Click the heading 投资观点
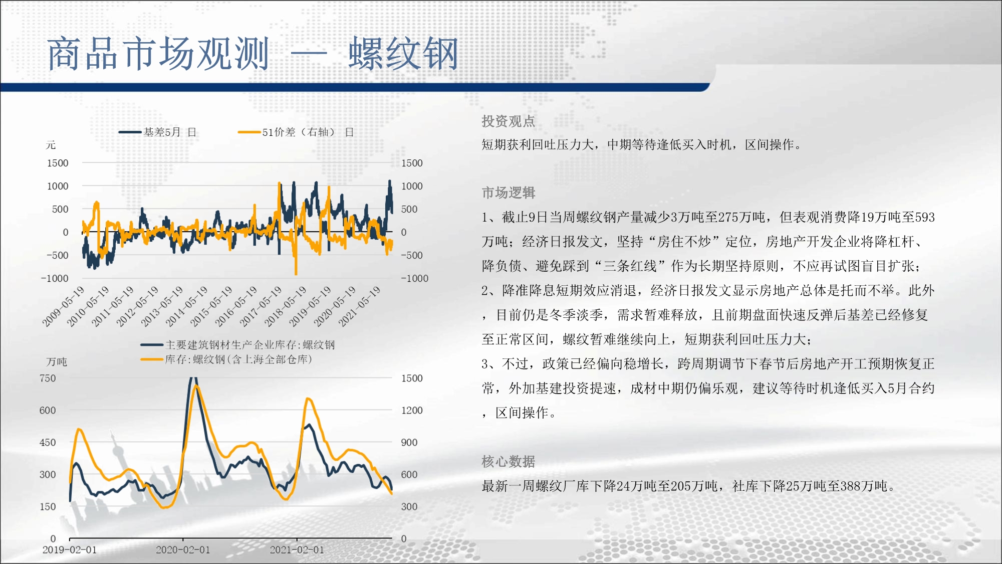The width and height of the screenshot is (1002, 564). [508, 121]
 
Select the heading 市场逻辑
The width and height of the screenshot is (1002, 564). [508, 193]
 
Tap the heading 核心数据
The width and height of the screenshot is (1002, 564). [508, 461]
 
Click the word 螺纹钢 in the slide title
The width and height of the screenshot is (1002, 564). [403, 54]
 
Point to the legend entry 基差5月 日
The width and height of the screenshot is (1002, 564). [158, 132]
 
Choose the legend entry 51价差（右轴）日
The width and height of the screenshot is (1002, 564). [296, 132]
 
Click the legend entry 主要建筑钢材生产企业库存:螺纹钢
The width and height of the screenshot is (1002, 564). [238, 344]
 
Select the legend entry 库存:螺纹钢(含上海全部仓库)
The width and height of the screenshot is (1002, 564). [226, 359]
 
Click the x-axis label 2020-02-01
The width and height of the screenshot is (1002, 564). [183, 549]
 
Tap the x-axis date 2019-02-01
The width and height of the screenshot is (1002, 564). [70, 549]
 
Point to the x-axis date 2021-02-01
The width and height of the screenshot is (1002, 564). [297, 549]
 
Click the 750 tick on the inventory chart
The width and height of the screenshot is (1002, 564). [48, 378]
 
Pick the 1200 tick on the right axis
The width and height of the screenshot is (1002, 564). [412, 410]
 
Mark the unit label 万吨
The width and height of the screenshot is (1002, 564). [56, 361]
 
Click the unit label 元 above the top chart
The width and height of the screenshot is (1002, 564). [51, 145]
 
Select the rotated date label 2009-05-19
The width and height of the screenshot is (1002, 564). [63, 306]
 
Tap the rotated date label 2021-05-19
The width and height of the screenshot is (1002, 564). [360, 306]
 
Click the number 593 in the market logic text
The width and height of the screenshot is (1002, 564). [925, 217]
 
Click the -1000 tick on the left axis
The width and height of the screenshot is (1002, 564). [55, 278]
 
